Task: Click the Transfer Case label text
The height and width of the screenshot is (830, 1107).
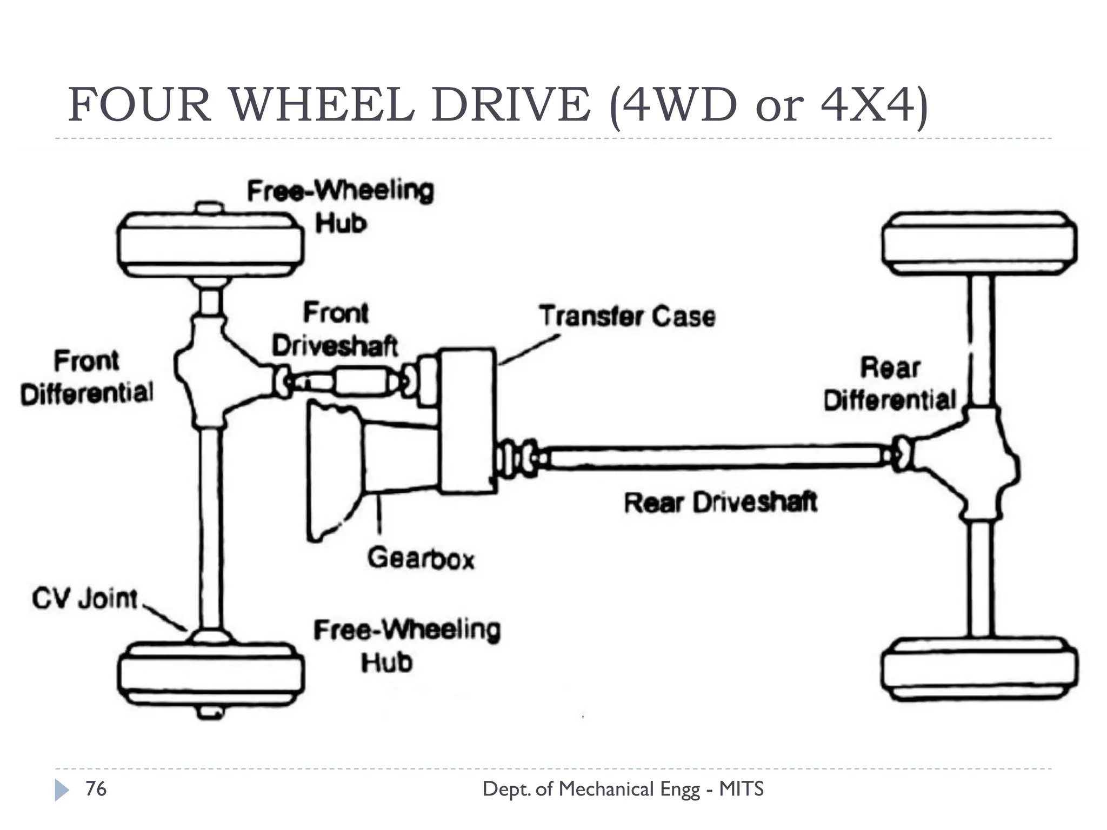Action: pos(627,317)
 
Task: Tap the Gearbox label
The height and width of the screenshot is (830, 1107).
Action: pos(421,558)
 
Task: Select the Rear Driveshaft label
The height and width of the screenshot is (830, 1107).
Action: pos(720,503)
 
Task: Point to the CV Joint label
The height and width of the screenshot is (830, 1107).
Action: pos(85,599)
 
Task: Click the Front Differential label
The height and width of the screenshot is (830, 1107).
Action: pos(86,377)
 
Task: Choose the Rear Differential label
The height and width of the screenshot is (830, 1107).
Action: pos(890,384)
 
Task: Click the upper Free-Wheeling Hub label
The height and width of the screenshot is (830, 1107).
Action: pos(341,207)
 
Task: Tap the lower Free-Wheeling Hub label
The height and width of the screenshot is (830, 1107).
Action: pos(407,646)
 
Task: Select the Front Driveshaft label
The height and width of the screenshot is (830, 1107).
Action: pos(335,330)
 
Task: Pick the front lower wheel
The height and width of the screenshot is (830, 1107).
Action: pos(210,673)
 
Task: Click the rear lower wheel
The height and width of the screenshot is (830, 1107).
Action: pos(979,670)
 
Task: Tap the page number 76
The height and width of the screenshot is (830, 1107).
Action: pos(96,789)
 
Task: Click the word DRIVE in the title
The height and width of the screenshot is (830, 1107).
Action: pos(511,105)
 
